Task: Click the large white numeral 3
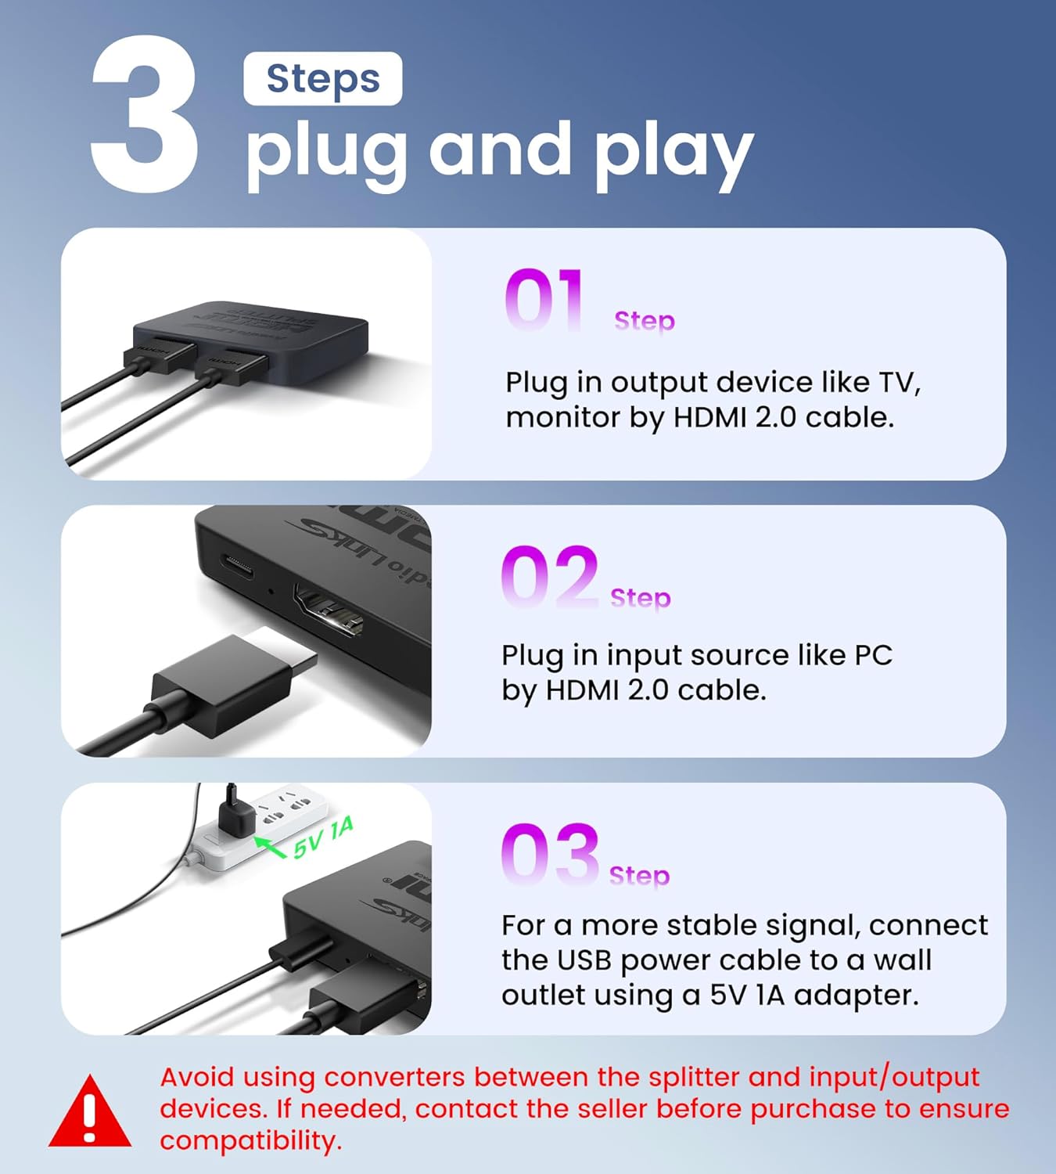(x=143, y=114)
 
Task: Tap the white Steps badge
(x=323, y=78)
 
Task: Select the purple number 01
(x=544, y=300)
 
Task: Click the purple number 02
(x=550, y=577)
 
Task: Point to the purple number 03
(x=550, y=854)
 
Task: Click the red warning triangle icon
(x=89, y=1110)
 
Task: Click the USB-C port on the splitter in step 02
(x=238, y=566)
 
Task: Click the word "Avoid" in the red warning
(x=197, y=1078)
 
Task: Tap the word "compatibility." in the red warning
(x=251, y=1141)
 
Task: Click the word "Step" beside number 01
(x=644, y=322)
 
